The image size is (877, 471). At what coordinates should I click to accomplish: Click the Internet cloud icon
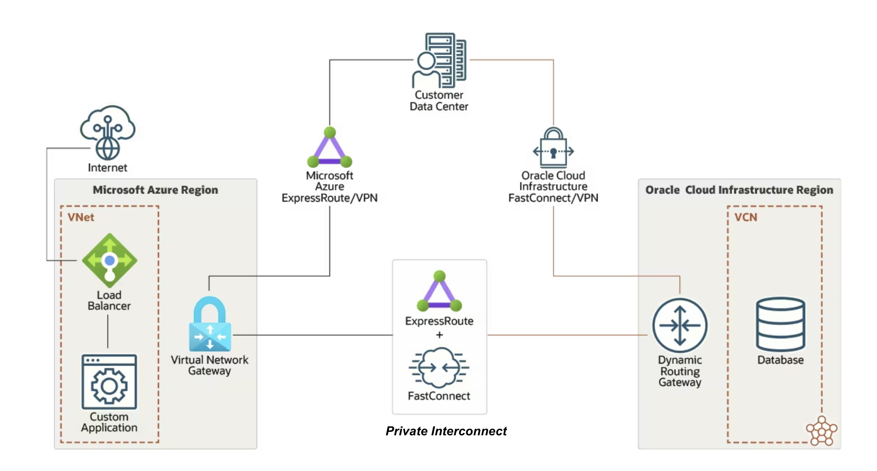click(x=108, y=132)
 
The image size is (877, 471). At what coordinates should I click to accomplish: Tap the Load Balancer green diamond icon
click(x=110, y=260)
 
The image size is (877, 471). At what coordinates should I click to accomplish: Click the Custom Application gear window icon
click(x=109, y=382)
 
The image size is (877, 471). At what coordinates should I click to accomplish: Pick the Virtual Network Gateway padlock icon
click(x=210, y=324)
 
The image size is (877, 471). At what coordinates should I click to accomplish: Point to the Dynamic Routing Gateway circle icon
click(x=680, y=325)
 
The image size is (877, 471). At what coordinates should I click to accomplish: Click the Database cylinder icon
click(x=780, y=324)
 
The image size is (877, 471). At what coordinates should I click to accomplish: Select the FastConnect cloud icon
click(x=439, y=368)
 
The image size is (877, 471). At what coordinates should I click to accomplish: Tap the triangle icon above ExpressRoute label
click(x=439, y=291)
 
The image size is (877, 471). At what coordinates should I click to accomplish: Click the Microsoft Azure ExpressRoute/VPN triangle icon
click(x=330, y=147)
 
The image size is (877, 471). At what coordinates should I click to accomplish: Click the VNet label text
click(x=81, y=217)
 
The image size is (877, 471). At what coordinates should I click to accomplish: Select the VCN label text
click(x=746, y=217)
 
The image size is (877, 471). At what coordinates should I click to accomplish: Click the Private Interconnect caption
click(x=446, y=431)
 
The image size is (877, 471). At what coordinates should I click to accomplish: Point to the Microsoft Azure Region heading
click(x=155, y=190)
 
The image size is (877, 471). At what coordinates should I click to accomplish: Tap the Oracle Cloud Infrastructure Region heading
click(x=739, y=190)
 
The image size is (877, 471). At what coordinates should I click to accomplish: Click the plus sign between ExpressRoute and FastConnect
click(x=439, y=335)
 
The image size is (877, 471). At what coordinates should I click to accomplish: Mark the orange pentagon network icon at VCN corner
click(x=822, y=431)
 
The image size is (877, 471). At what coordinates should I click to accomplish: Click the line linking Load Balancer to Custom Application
click(x=108, y=332)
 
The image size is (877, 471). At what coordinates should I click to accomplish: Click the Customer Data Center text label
click(x=439, y=101)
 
